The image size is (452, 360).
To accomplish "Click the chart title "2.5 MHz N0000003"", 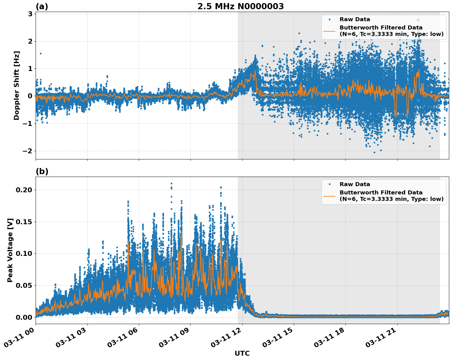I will click(240, 6).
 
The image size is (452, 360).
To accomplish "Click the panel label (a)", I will click(42, 6).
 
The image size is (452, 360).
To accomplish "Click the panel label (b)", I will click(42, 171).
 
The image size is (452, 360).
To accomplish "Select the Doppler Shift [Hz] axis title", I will click(17, 85).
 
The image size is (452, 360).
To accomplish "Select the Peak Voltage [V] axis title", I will click(10, 250).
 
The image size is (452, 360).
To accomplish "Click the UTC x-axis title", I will click(242, 353).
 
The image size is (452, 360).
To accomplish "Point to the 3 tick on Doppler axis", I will click(30, 14).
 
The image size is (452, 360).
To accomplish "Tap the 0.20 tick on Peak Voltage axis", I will click(24, 190).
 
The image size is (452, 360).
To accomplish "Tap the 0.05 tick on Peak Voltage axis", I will click(24, 285).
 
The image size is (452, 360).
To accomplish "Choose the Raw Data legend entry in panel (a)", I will click(355, 19).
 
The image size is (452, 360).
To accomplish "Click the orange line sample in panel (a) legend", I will click(329, 31).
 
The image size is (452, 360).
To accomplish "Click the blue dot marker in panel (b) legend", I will click(329, 184).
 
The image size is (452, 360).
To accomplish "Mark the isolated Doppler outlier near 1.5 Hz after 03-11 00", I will click(41, 53).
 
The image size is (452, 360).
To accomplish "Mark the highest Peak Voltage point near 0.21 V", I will click(171, 184).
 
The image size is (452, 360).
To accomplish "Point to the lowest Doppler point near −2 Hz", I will click(374, 152).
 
